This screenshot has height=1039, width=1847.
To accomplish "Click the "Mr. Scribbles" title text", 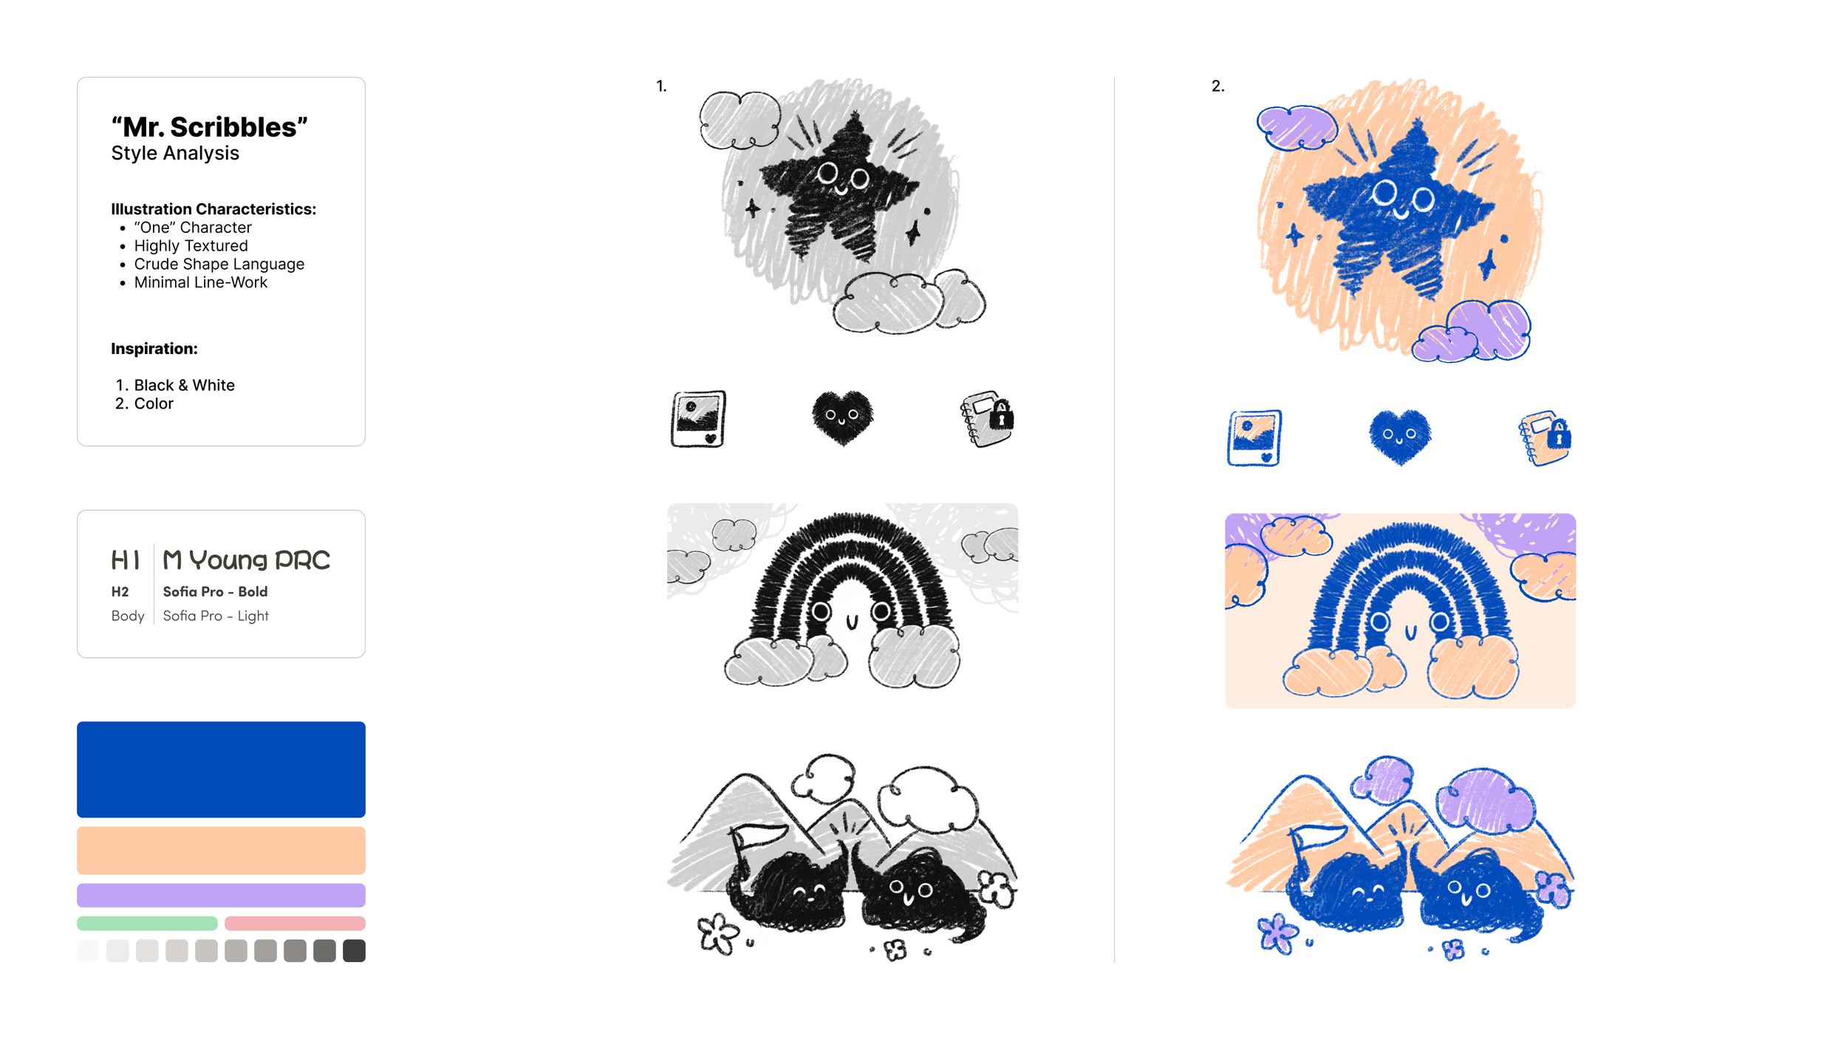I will click(x=209, y=127).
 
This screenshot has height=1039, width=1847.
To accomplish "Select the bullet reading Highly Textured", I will click(x=191, y=245).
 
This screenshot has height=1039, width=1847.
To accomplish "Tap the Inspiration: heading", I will click(x=154, y=349).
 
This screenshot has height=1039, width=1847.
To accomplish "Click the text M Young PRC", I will click(x=246, y=560).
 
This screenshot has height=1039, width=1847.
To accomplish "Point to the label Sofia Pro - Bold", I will click(x=215, y=591).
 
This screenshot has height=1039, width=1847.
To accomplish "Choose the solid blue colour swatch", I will click(x=221, y=769).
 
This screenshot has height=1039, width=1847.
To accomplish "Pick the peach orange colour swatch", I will click(x=221, y=851).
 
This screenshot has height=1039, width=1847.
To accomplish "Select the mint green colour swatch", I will click(x=147, y=923).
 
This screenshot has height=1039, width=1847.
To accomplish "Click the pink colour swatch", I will click(x=295, y=923).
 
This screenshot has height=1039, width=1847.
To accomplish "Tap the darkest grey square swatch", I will click(x=354, y=950).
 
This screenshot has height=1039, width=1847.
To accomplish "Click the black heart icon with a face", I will click(x=842, y=418).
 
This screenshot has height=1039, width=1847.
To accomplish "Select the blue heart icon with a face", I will click(x=1400, y=436).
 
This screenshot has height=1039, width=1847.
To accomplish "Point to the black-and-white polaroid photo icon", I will click(x=698, y=419).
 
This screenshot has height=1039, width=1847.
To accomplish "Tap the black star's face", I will click(x=843, y=179).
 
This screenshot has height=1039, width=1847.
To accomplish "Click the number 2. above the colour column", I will click(x=1218, y=86).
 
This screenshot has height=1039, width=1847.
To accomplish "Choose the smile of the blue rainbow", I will click(x=1410, y=633).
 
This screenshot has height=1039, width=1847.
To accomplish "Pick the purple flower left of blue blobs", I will click(x=1277, y=933).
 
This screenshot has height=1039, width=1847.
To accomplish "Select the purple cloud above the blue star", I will click(x=1296, y=127).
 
